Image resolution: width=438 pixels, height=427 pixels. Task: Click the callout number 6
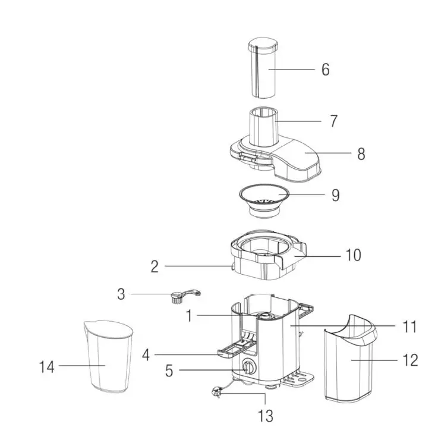click(x=325, y=70)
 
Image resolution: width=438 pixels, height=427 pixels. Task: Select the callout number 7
click(x=333, y=121)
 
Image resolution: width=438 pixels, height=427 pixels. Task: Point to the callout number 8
click(x=361, y=154)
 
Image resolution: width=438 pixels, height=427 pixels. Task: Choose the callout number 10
click(x=353, y=255)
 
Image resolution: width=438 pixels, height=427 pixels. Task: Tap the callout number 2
click(x=155, y=266)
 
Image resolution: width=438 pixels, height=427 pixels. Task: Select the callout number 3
click(x=121, y=294)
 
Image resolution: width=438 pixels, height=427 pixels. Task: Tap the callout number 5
click(x=169, y=371)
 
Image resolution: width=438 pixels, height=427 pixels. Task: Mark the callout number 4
click(x=146, y=356)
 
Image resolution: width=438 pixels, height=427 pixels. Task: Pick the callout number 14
click(x=46, y=367)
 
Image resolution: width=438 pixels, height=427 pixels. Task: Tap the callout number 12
click(x=410, y=360)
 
